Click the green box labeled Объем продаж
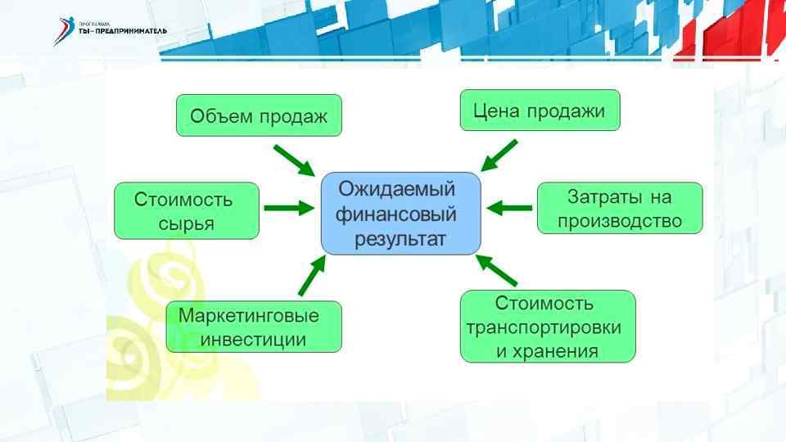pyautogui.click(x=259, y=116)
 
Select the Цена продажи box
pyautogui.click(x=540, y=110)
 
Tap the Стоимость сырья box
pyautogui.click(x=187, y=210)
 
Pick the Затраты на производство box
pyautogui.click(x=620, y=208)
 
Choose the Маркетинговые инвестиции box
pyautogui.click(x=254, y=327)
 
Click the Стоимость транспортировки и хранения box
pyautogui.click(x=548, y=327)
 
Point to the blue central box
pyautogui.click(x=400, y=213)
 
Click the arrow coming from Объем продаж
pyautogui.click(x=293, y=160)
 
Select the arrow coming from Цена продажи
pyautogui.click(x=499, y=155)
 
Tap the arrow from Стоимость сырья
pyautogui.click(x=289, y=209)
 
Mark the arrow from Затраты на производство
pyautogui.click(x=508, y=208)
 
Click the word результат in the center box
pyautogui.click(x=400, y=240)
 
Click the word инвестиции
pyautogui.click(x=254, y=339)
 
